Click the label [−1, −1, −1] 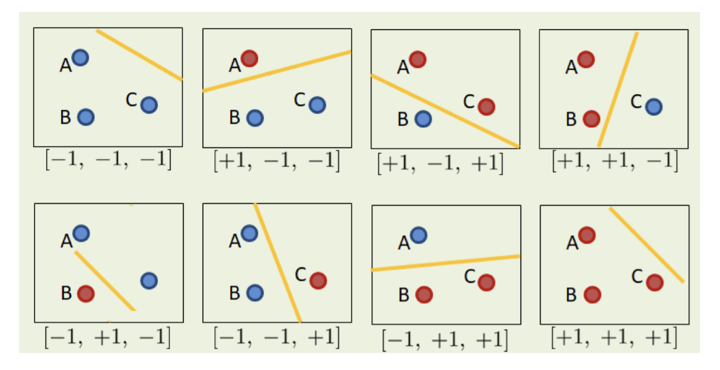point(109,160)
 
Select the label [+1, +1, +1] point(614,337)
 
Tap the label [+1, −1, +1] point(440,164)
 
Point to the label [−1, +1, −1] point(107,337)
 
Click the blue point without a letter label point(149,280)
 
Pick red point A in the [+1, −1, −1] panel point(250,59)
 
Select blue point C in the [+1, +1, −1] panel point(654,107)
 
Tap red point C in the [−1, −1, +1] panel point(318,280)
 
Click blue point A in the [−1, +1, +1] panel point(419,235)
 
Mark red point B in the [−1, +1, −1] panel point(86,294)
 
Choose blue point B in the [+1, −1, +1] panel point(423,119)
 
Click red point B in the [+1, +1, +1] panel point(592,295)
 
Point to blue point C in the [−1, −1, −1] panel point(149,105)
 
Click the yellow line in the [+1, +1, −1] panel point(618,90)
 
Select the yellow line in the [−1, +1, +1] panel point(445,263)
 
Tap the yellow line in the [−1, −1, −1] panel point(139,55)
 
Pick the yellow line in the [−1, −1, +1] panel point(278,263)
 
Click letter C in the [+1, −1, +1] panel point(469,101)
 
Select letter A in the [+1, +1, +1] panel point(572,243)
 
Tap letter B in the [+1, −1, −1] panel point(235,117)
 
